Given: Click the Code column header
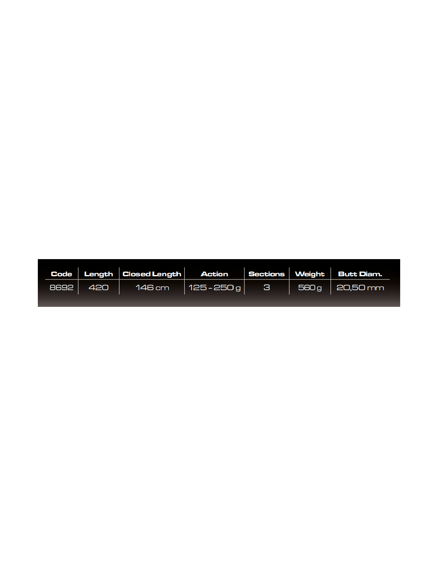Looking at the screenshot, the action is pos(61,274).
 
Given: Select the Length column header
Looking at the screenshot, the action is pos(98,274).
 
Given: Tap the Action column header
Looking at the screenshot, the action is pos(214,274).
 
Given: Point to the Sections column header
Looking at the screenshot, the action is pos(266,274).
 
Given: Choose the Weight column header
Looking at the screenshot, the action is pos(309,274).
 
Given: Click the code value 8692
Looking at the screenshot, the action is pos(61,287).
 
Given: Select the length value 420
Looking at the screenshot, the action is pos(98,287).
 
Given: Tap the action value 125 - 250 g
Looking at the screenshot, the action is pos(214,288).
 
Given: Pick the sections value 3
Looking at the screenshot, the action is pos(266,287).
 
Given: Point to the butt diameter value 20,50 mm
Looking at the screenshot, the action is pos(360,287).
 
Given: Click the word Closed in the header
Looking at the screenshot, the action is pos(137,274).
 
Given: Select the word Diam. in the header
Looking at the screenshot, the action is pos(371,274).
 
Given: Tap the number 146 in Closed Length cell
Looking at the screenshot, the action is pos(145,287).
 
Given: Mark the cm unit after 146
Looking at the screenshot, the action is pos(162,288).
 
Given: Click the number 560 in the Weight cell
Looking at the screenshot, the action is pos(307,287).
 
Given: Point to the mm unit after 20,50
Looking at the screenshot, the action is pos(375,288).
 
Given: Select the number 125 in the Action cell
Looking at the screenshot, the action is pos(197,287).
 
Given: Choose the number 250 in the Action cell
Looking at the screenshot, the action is pos(223,287).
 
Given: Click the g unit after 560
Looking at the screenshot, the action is pos(319,289).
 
